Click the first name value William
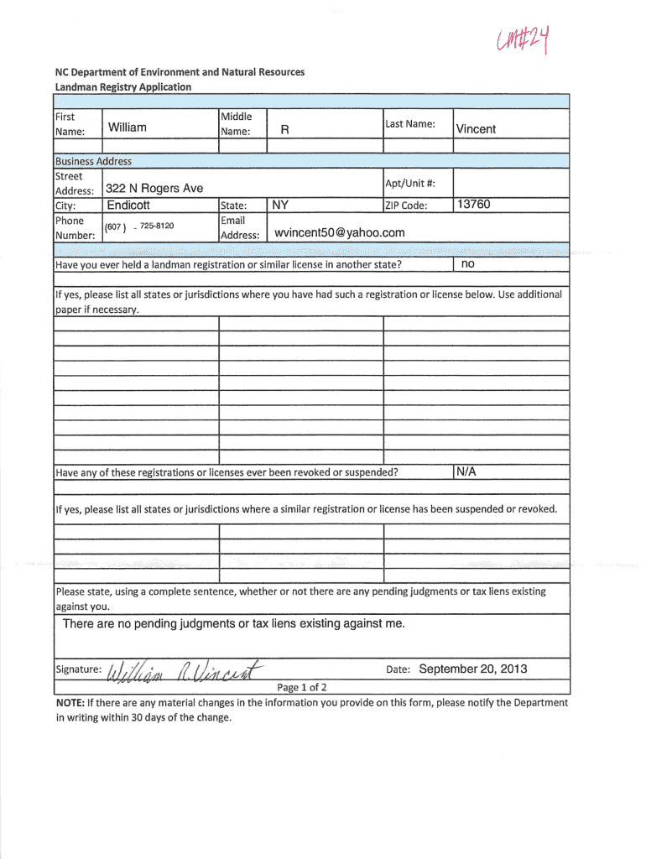click(127, 128)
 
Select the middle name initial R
click(284, 129)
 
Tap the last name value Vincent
click(476, 129)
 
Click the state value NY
click(281, 205)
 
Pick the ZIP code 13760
click(473, 205)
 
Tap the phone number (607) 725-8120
click(139, 226)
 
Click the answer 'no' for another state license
click(467, 264)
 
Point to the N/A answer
click(466, 472)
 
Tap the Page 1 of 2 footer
click(302, 688)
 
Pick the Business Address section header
click(93, 161)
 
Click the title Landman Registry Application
click(123, 86)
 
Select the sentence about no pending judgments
click(233, 624)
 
